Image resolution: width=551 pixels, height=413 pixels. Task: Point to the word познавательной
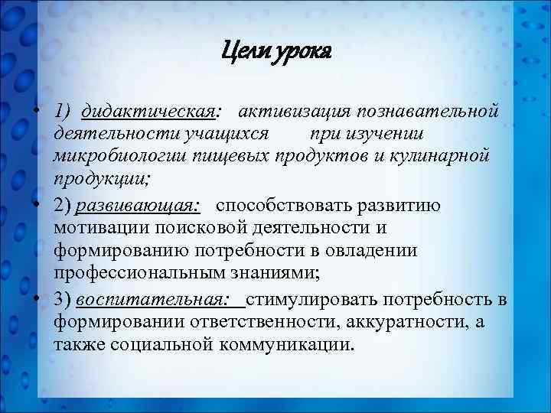426,112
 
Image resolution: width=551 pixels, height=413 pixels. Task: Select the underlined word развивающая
142,205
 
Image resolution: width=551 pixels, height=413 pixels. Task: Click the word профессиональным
139,272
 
